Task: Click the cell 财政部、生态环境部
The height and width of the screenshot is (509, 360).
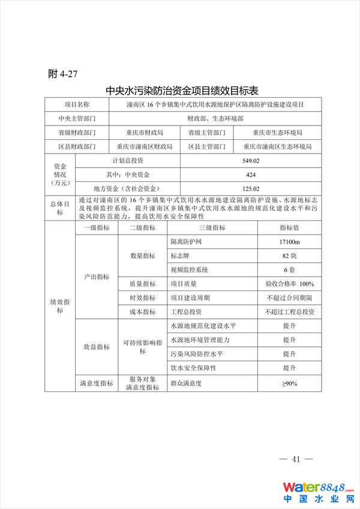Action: (x=214, y=118)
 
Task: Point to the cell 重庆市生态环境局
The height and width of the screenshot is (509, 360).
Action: (x=277, y=132)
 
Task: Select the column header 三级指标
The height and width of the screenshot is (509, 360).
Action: (x=212, y=228)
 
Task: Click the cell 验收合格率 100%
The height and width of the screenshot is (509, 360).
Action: (x=290, y=283)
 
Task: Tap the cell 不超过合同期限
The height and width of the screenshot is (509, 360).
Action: (x=290, y=298)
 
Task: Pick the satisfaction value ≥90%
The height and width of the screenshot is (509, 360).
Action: (x=290, y=383)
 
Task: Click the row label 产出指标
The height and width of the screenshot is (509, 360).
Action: (x=97, y=277)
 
